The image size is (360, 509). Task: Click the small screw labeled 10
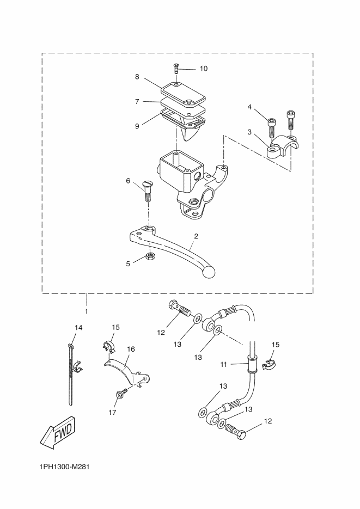pos(176,69)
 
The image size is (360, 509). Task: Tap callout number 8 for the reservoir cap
pos(137,77)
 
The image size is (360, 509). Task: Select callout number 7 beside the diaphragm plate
pos(137,102)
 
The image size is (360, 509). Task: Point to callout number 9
pos(137,126)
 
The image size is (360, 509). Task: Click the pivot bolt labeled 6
pos(147,192)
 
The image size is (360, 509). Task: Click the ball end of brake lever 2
pos(208,272)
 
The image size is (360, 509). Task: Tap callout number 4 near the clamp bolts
pos(249,107)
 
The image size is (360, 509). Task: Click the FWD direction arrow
pos(58,432)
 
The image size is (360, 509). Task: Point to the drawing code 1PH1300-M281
pos(64,467)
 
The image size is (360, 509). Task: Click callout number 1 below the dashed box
pos(87,311)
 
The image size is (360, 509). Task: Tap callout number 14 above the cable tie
pos(78,328)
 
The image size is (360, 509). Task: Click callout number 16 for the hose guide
pos(131,349)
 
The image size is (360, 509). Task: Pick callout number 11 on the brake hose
pos(223,365)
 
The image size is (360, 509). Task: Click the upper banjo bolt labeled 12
pos(179,308)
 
